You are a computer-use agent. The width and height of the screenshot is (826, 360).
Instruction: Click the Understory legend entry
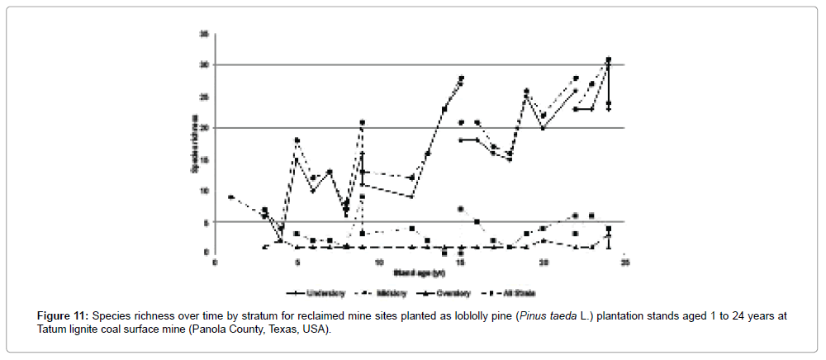click(313, 293)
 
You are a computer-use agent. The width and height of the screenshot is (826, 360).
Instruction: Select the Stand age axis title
click(420, 272)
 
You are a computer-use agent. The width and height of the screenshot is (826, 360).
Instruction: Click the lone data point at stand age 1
click(230, 197)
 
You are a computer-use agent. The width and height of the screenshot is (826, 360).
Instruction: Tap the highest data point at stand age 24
click(609, 59)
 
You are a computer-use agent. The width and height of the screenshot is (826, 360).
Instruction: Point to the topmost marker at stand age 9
click(362, 122)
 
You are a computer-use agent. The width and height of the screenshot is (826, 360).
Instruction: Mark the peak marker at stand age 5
click(297, 140)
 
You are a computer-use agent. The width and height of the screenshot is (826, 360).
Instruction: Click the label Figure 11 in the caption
click(64, 316)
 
